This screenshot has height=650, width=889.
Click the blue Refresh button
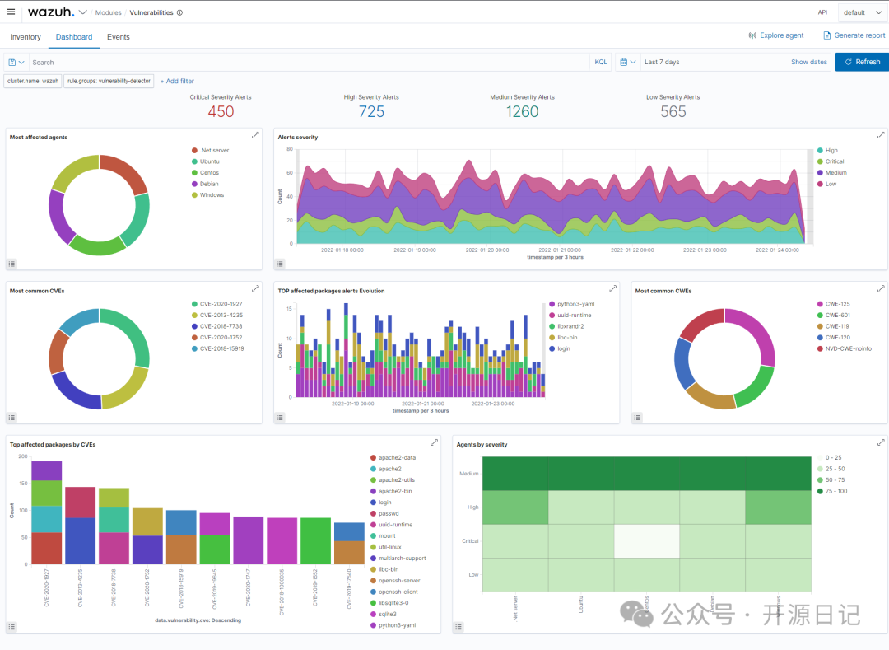[x=862, y=62]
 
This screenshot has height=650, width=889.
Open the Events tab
[x=119, y=37]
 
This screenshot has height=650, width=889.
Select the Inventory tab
[x=26, y=37]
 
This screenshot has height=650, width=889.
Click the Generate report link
[x=854, y=35]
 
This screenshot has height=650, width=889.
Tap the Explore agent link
[x=776, y=35]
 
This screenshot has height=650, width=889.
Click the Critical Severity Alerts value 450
[x=221, y=112]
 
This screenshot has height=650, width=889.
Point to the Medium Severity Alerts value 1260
[x=522, y=112]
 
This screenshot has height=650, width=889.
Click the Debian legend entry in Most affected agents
[x=210, y=184]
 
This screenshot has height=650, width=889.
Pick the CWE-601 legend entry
[x=837, y=315]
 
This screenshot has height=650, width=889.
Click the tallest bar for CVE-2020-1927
[x=47, y=512]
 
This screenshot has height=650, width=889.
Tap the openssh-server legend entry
[x=398, y=581]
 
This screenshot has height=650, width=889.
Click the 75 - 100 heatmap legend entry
[x=837, y=491]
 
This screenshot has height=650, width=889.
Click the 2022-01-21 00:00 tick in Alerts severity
[x=557, y=250]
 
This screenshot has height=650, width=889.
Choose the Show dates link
[x=808, y=62]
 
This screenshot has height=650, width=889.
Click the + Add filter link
[x=177, y=81]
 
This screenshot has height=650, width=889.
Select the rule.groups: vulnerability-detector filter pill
[x=109, y=81]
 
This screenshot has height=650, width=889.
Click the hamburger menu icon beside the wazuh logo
[x=11, y=12]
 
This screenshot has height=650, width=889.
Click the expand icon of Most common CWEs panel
[x=881, y=289]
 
